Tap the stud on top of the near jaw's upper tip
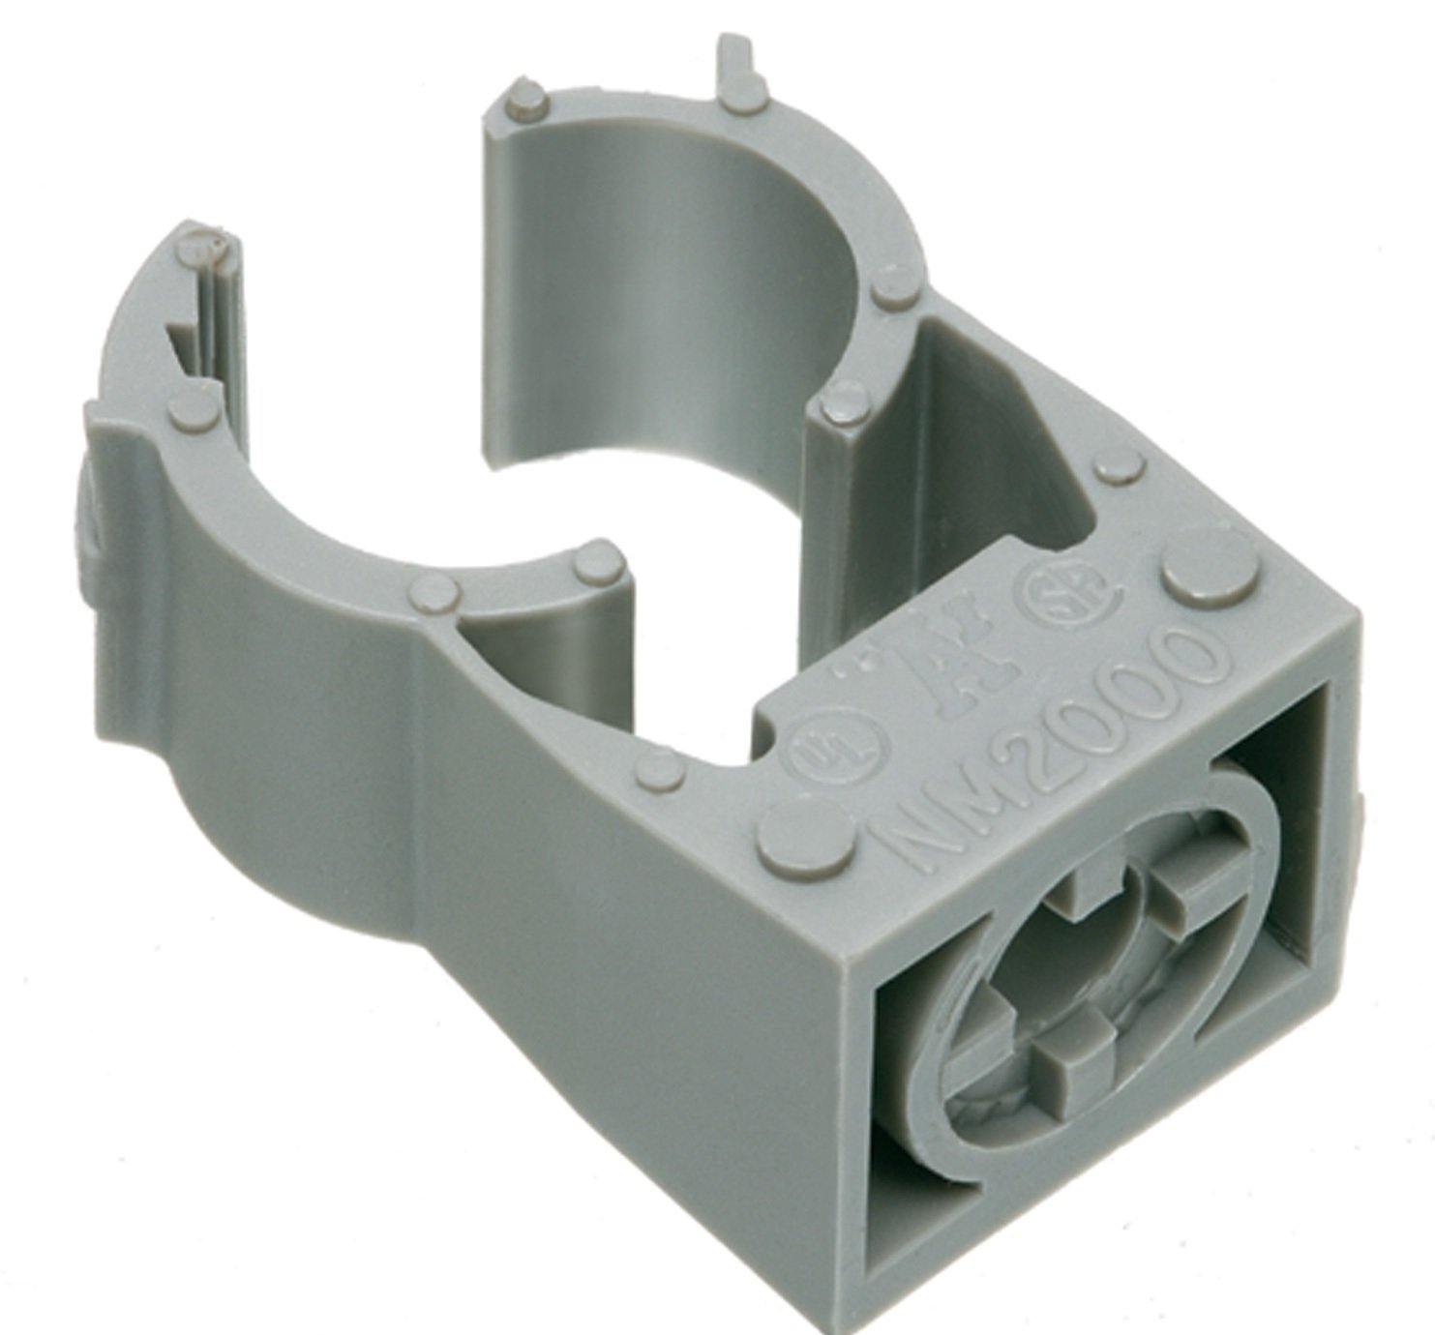click(202, 247)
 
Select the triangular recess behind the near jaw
click(523, 648)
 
